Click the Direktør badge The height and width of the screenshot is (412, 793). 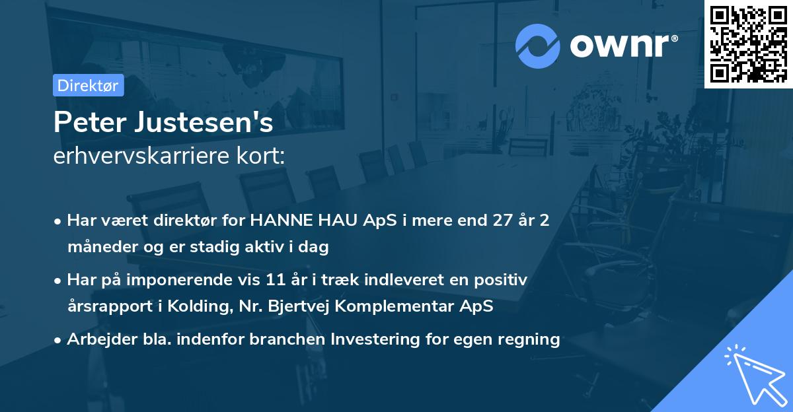[x=88, y=85]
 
